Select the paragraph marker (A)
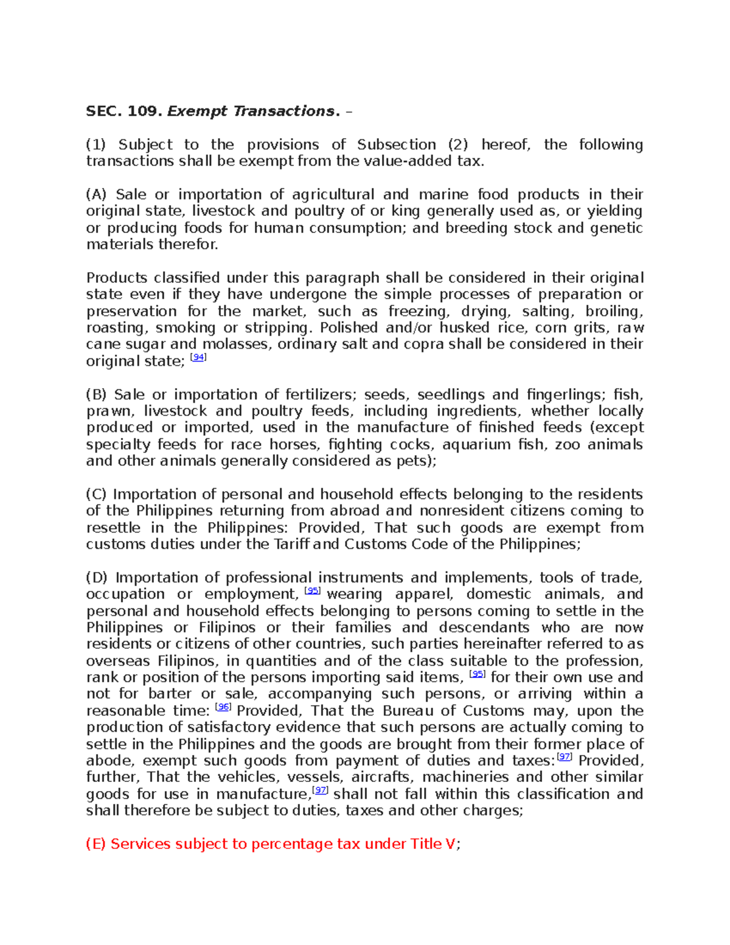96,195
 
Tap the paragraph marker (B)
96,394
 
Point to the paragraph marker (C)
96,494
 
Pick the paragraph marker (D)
97,577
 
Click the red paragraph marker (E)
96,844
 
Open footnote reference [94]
198,358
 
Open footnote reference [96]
223,707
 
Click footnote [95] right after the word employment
312,591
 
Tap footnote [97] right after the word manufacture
320,790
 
